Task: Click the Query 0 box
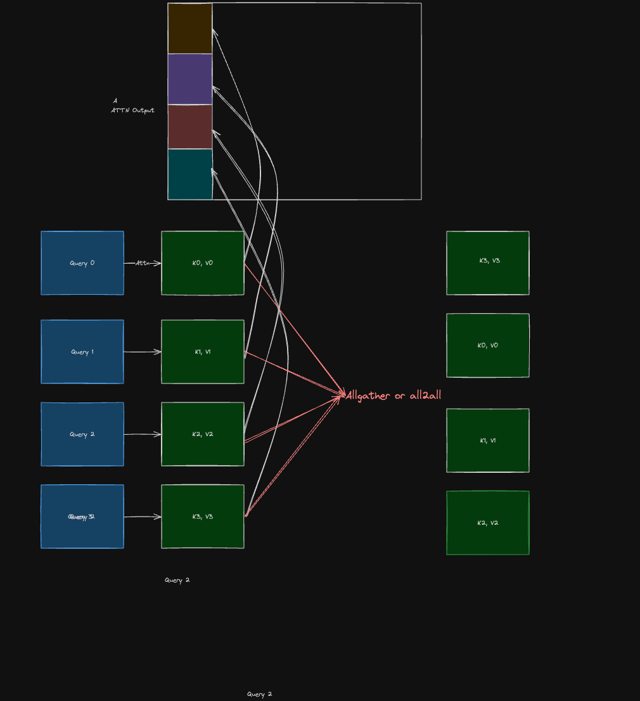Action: pyautogui.click(x=82, y=263)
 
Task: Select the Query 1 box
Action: pyautogui.click(x=82, y=352)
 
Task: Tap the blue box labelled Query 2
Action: pyautogui.click(x=82, y=434)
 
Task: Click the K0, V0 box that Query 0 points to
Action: pyautogui.click(x=203, y=263)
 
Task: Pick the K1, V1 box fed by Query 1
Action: pyautogui.click(x=203, y=352)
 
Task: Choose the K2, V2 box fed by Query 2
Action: pyautogui.click(x=203, y=434)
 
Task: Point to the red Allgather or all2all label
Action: pyautogui.click(x=394, y=396)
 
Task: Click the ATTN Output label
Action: pyautogui.click(x=132, y=110)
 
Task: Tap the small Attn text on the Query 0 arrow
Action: pyautogui.click(x=142, y=263)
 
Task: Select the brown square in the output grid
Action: pyautogui.click(x=190, y=29)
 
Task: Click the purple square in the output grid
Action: pyautogui.click(x=190, y=79)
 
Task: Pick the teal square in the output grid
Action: pyautogui.click(x=190, y=174)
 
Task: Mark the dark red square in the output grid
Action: pyautogui.click(x=190, y=127)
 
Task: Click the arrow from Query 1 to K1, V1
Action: pyautogui.click(x=143, y=352)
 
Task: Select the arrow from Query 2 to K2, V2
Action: pyautogui.click(x=143, y=434)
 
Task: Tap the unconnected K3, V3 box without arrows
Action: pyautogui.click(x=488, y=263)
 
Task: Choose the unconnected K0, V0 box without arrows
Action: pyautogui.click(x=488, y=345)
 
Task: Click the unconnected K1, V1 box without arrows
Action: pyautogui.click(x=488, y=441)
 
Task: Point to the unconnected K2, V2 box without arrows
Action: pyautogui.click(x=488, y=523)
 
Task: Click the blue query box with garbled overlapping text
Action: pyautogui.click(x=82, y=517)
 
